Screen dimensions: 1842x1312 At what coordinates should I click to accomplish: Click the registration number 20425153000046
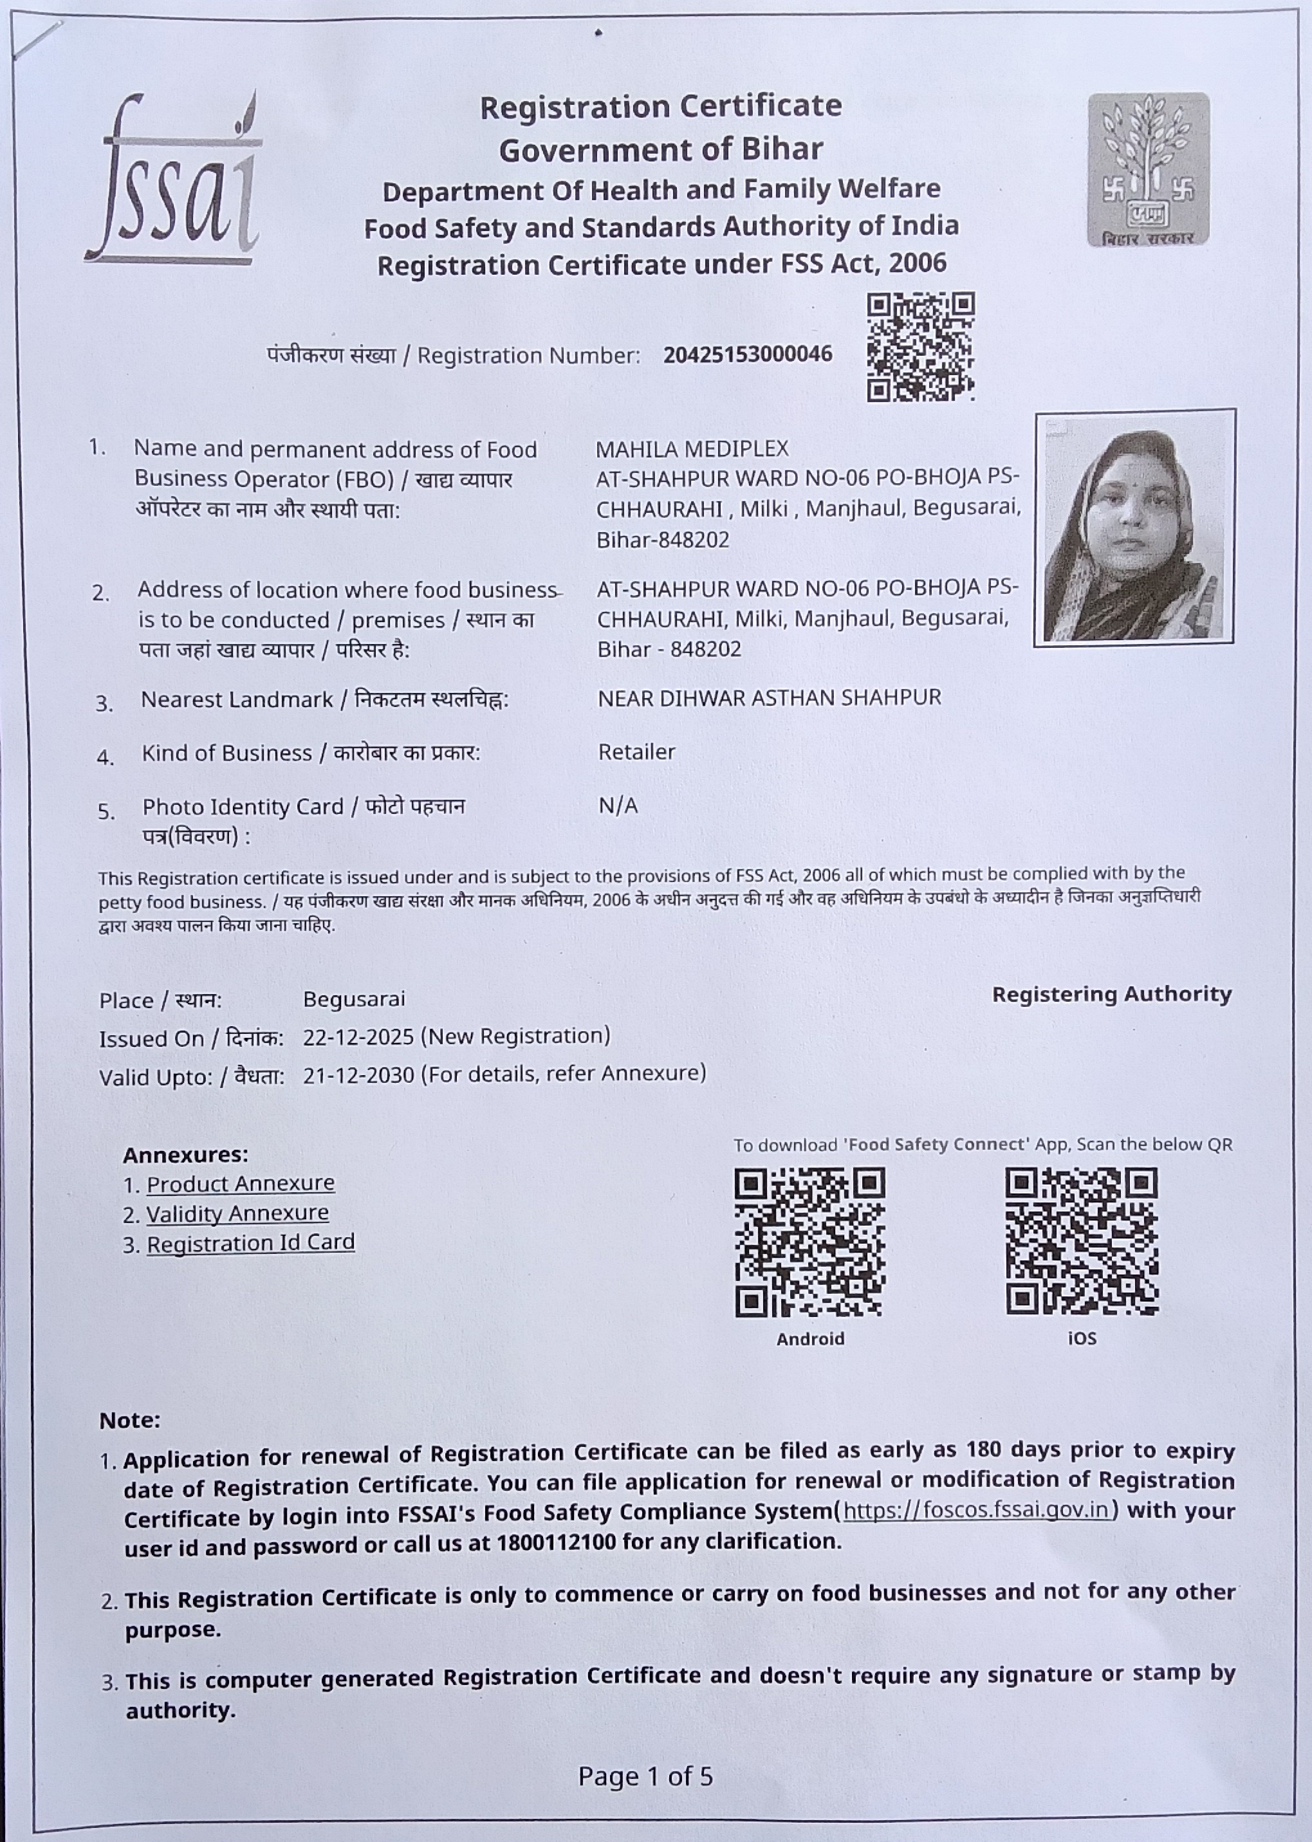(x=747, y=355)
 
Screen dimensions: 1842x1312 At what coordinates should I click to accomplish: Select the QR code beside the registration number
(x=920, y=347)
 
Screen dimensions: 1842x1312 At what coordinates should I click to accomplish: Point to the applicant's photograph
(x=1134, y=528)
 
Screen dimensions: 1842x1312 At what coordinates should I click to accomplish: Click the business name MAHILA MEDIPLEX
(x=692, y=449)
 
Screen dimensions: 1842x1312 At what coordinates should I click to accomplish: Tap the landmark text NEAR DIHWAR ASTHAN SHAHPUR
(x=769, y=698)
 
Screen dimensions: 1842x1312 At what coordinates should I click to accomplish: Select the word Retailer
(x=636, y=752)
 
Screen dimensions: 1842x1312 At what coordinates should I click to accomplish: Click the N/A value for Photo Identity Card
(x=618, y=806)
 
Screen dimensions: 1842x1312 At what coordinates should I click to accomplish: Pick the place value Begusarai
(x=354, y=999)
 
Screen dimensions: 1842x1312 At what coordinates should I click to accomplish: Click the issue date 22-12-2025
(x=358, y=1036)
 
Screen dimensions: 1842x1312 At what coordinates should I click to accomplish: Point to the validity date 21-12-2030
(x=358, y=1074)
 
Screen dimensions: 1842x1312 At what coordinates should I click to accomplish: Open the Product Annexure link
(x=240, y=1184)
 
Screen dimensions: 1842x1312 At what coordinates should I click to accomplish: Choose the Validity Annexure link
(x=237, y=1213)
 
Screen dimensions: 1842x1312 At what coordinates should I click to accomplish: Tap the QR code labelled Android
(x=809, y=1242)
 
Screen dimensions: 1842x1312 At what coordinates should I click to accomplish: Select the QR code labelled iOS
(x=1081, y=1242)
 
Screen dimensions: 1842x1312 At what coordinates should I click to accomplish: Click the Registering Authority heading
(x=1112, y=995)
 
